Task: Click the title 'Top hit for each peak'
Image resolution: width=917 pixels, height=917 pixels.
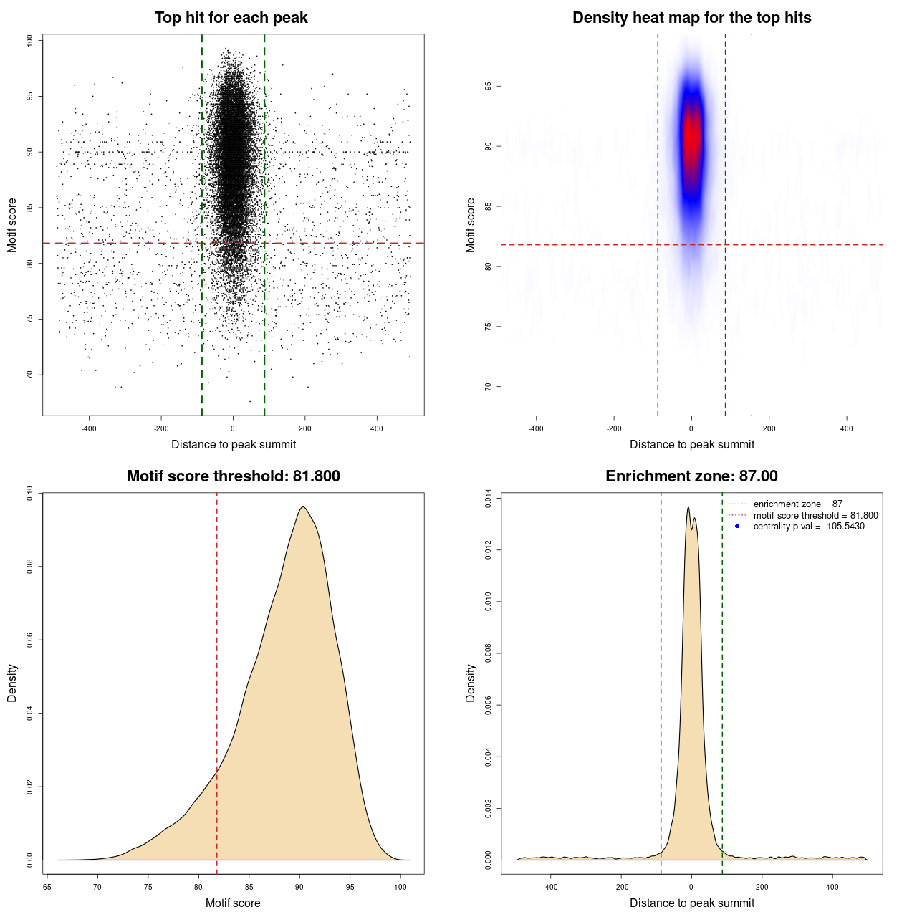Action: click(231, 18)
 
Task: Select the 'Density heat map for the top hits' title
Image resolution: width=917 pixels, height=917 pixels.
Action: click(691, 18)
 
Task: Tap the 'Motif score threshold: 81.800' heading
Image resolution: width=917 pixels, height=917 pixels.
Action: click(233, 476)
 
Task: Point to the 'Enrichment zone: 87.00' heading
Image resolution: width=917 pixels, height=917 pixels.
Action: click(691, 476)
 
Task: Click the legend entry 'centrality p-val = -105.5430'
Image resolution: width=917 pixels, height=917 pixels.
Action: click(808, 527)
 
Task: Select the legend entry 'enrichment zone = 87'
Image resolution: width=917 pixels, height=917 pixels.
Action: click(797, 504)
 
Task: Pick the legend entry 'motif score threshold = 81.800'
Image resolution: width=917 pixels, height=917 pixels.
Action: click(815, 515)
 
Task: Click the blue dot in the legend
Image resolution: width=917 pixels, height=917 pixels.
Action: click(737, 527)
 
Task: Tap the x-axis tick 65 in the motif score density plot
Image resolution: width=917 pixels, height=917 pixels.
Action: click(47, 887)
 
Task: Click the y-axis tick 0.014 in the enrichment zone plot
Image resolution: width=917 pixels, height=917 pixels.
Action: click(488, 498)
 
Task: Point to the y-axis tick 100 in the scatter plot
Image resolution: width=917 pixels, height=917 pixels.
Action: click(29, 41)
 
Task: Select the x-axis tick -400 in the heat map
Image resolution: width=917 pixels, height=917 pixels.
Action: click(536, 428)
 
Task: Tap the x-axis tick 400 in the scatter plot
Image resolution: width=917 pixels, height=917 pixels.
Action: click(376, 428)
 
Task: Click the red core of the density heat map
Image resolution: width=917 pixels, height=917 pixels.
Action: click(691, 136)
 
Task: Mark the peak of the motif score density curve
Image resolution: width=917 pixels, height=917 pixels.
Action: click(303, 507)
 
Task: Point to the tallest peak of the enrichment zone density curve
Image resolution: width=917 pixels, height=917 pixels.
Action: click(688, 507)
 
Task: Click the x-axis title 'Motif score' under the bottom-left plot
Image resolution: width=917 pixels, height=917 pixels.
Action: click(233, 903)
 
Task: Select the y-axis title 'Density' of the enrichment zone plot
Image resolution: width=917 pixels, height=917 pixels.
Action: click(471, 683)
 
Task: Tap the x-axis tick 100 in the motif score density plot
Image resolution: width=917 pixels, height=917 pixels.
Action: click(400, 887)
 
